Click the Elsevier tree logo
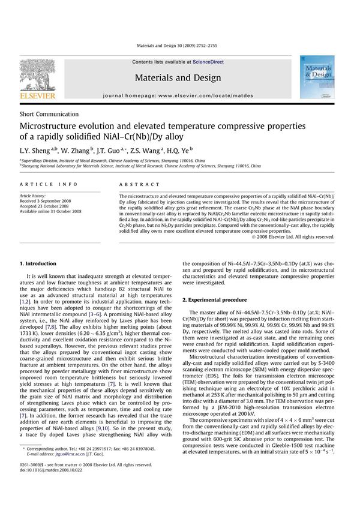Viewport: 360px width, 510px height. (37, 75)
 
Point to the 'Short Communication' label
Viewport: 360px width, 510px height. (49, 114)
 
